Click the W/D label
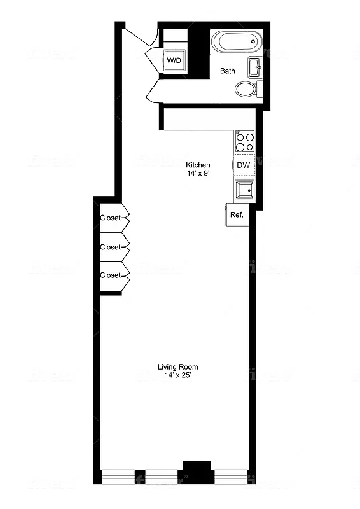(x=174, y=60)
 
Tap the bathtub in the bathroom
(x=236, y=42)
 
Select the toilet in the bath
(x=246, y=89)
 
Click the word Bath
(x=228, y=71)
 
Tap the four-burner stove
(x=245, y=141)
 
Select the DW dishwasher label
(x=243, y=165)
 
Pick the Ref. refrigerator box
(x=237, y=215)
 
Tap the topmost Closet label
(x=110, y=218)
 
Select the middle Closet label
(x=110, y=247)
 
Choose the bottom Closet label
(x=110, y=275)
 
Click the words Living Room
(x=178, y=366)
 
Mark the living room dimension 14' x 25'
(x=178, y=375)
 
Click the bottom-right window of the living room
(x=230, y=475)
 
